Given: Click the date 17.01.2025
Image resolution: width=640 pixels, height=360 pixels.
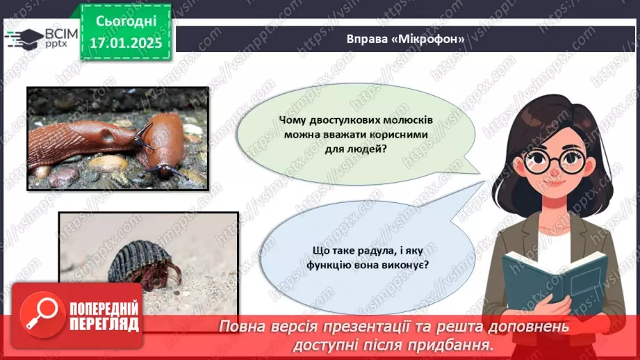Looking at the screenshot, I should click(125, 42).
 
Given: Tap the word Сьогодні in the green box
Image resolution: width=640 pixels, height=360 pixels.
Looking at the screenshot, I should click(125, 22).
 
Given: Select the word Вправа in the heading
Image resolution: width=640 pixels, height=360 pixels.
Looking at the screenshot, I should click(368, 39).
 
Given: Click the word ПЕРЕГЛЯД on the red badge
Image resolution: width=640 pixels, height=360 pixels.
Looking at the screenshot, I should click(103, 325).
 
